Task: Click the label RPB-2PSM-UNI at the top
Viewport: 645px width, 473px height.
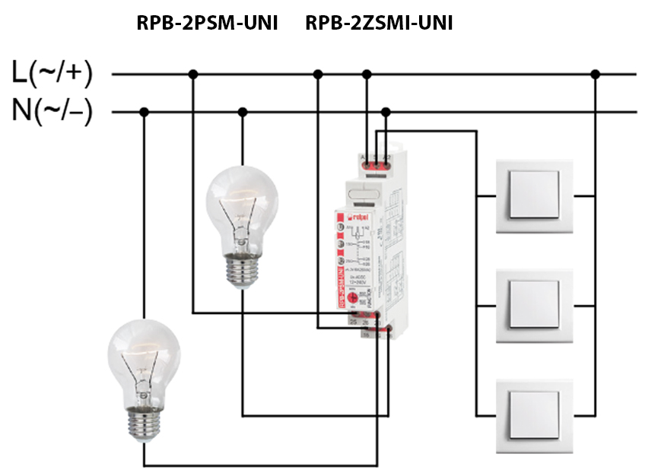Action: tap(207, 24)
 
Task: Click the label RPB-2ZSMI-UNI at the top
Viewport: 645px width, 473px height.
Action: tap(379, 24)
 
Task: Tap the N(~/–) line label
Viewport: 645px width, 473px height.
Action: tap(52, 112)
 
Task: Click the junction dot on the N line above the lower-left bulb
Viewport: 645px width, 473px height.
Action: tap(143, 113)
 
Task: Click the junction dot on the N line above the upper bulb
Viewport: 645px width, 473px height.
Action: tap(242, 113)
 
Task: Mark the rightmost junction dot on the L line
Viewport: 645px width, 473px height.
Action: tap(596, 74)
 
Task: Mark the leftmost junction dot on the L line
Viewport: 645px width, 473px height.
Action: tap(193, 74)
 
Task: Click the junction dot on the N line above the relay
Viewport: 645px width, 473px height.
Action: tap(386, 113)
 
